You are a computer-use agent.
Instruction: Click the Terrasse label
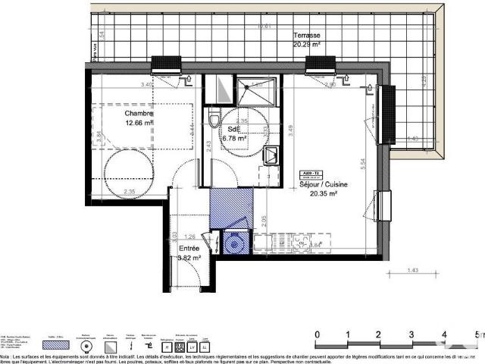(x=307, y=35)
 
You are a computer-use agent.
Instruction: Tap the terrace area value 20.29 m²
(x=308, y=44)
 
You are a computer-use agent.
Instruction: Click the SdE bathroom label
(x=227, y=130)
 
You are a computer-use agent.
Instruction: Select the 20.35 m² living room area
(x=322, y=193)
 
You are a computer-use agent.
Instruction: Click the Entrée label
(x=189, y=248)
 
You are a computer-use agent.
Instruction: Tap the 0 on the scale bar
(x=318, y=334)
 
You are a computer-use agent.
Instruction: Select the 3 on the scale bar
(x=411, y=334)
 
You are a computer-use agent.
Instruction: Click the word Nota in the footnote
(x=6, y=355)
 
